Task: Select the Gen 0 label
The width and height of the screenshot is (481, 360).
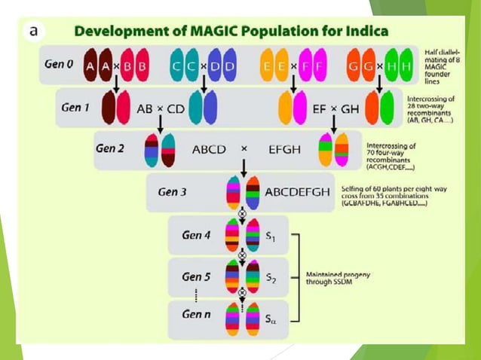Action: [x=59, y=65]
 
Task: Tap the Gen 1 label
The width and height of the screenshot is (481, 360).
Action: [x=75, y=107]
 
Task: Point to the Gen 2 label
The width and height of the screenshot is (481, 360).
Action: [x=110, y=148]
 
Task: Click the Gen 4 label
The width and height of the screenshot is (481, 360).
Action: [x=197, y=235]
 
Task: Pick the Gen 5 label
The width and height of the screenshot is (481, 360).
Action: [x=197, y=276]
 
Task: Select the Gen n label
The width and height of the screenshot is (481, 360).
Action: [x=197, y=314]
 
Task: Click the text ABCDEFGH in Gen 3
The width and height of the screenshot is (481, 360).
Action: [x=297, y=192]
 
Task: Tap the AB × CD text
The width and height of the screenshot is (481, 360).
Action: [x=161, y=108]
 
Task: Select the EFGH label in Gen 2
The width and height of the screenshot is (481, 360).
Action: [x=284, y=149]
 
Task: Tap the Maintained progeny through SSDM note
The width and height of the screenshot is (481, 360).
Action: [x=338, y=278]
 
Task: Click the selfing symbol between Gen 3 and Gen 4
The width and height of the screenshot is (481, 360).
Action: [x=243, y=213]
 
